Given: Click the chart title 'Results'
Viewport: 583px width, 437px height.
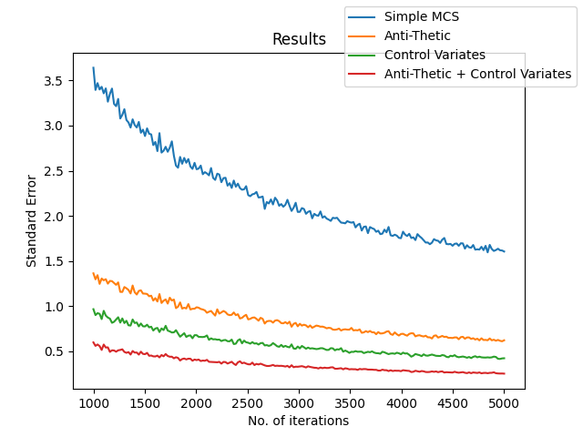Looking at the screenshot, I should (299, 39).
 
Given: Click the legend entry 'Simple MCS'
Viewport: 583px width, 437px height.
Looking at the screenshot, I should (421, 16).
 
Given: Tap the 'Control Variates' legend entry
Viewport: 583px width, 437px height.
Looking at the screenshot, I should (435, 55).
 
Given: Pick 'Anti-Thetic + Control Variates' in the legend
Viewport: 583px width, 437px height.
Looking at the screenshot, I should (477, 74).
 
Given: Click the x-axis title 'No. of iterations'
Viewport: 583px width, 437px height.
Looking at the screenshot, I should (299, 421).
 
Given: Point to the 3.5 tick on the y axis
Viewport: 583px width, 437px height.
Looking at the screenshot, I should (53, 81).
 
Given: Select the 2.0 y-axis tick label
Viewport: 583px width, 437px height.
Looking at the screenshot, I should (53, 217).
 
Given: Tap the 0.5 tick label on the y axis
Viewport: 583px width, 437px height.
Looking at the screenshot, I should (53, 351).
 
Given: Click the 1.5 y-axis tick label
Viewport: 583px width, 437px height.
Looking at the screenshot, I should (53, 261).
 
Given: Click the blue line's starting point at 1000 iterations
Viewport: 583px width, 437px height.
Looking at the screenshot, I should (94, 67).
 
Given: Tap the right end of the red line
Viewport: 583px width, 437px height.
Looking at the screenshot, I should (504, 373).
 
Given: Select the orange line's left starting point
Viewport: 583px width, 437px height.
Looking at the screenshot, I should (94, 273).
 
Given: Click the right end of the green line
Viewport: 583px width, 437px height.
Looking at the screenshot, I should (504, 358).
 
